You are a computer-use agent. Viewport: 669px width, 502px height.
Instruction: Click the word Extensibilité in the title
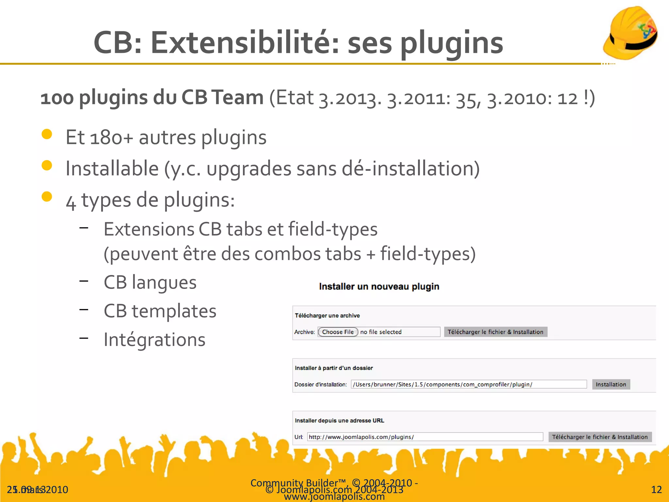245,42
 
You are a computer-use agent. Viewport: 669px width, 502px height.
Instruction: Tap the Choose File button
338,332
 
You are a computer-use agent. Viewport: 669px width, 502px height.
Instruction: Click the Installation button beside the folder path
611,384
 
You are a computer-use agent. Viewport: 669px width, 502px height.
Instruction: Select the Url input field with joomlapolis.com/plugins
425,437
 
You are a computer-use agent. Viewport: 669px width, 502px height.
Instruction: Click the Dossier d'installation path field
468,384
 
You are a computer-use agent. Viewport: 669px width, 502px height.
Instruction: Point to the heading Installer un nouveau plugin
379,287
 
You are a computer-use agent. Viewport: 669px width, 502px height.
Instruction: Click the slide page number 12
656,489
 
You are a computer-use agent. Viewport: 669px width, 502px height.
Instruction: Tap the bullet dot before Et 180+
47,134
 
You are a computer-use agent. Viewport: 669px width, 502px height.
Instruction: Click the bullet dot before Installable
47,165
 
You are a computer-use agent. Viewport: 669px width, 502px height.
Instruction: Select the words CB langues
150,282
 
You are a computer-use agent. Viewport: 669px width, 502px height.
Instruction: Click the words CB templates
160,311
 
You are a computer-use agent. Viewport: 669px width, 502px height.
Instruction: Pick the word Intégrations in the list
155,340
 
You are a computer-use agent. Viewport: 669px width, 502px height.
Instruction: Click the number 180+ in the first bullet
111,137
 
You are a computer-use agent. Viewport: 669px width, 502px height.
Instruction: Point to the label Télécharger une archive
327,315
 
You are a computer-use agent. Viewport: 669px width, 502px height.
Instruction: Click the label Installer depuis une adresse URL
339,421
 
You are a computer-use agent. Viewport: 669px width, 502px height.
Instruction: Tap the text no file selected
381,332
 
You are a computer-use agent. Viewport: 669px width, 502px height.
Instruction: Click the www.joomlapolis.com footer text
334,497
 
